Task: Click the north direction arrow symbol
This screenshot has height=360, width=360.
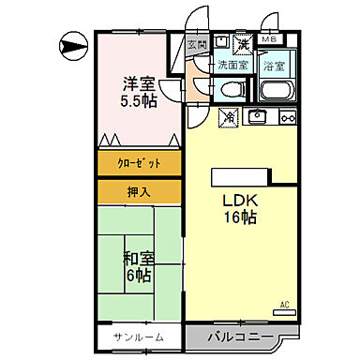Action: pos(73,42)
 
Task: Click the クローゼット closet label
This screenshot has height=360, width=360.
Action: pos(139,163)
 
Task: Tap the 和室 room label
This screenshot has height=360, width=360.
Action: pos(137,257)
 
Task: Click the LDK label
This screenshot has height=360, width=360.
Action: pos(239,201)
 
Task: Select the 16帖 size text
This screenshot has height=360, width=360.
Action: pos(239,217)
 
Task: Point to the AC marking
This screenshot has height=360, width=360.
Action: pos(285,304)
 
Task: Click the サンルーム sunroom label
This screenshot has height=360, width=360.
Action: pos(140,337)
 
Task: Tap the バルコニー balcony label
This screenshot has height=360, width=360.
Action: pos(241,337)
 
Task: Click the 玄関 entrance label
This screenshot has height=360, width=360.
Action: pos(197,44)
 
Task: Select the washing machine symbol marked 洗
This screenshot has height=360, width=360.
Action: pos(242,44)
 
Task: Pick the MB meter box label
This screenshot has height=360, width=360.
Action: pos(269,40)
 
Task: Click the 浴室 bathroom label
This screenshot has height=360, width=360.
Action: pos(274,66)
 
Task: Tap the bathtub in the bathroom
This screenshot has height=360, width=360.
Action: pos(276,92)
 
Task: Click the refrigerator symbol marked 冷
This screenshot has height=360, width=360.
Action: pos(229,117)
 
